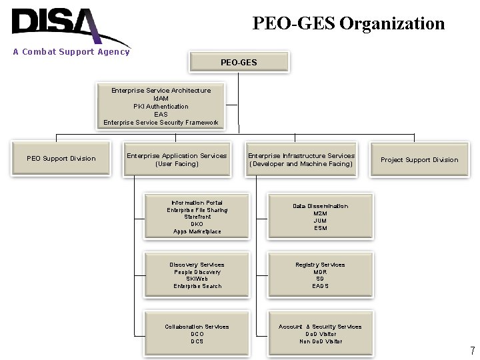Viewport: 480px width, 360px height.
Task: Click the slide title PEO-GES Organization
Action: click(348, 23)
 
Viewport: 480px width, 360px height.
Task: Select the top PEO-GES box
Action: click(239, 62)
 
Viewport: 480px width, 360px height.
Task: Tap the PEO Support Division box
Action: click(61, 159)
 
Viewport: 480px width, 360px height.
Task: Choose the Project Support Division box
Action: click(419, 160)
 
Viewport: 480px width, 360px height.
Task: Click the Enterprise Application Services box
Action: click(177, 159)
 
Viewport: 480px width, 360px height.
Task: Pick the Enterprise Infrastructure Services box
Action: click(301, 159)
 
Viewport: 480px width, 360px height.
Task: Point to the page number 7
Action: click(472, 351)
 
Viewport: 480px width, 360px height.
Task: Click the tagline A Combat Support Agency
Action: click(71, 52)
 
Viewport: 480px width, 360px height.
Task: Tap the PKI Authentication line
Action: click(161, 107)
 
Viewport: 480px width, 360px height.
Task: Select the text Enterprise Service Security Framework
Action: click(161, 123)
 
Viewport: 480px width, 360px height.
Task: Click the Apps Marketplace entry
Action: click(197, 231)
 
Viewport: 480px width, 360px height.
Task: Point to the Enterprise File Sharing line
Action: click(197, 210)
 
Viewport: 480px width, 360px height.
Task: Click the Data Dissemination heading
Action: click(320, 206)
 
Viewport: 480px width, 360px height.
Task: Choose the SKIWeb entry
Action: click(197, 279)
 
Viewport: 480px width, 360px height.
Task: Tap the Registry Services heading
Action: click(320, 265)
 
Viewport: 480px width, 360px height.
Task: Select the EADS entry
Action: click(320, 286)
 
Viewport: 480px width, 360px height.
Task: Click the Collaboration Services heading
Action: click(197, 327)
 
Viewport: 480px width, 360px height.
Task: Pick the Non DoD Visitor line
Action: click(320, 341)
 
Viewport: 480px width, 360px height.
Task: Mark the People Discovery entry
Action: click(197, 272)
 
